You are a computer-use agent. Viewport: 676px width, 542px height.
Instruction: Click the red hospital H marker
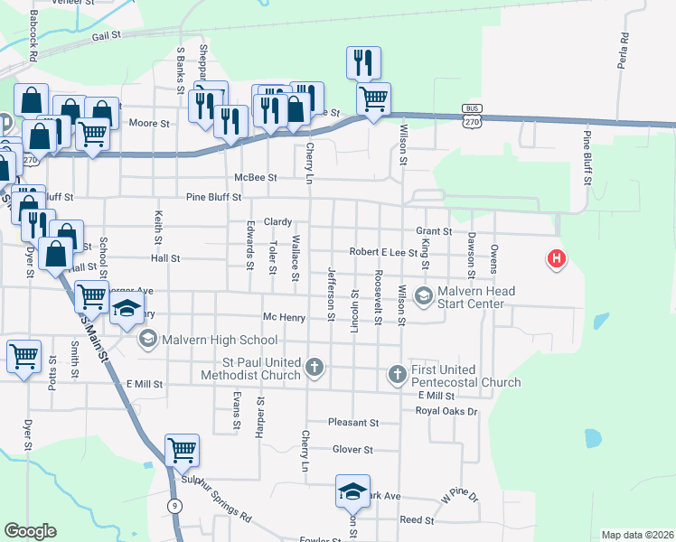point(557,260)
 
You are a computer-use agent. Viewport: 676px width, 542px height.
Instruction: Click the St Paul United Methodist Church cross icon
point(314,367)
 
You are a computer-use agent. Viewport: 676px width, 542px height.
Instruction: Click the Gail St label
point(106,34)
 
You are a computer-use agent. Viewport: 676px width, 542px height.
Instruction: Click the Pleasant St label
point(352,422)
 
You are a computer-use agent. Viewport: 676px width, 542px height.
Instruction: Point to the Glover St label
point(352,449)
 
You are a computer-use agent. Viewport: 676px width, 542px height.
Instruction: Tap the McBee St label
point(254,177)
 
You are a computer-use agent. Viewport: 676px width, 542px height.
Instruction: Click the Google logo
point(30,531)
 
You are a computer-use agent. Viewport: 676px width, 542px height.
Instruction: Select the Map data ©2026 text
point(637,535)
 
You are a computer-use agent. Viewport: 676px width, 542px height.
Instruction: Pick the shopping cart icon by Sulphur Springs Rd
point(183,450)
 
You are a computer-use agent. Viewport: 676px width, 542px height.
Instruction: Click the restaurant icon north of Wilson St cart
point(363,63)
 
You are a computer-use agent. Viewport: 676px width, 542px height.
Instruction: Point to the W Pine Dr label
point(458,496)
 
